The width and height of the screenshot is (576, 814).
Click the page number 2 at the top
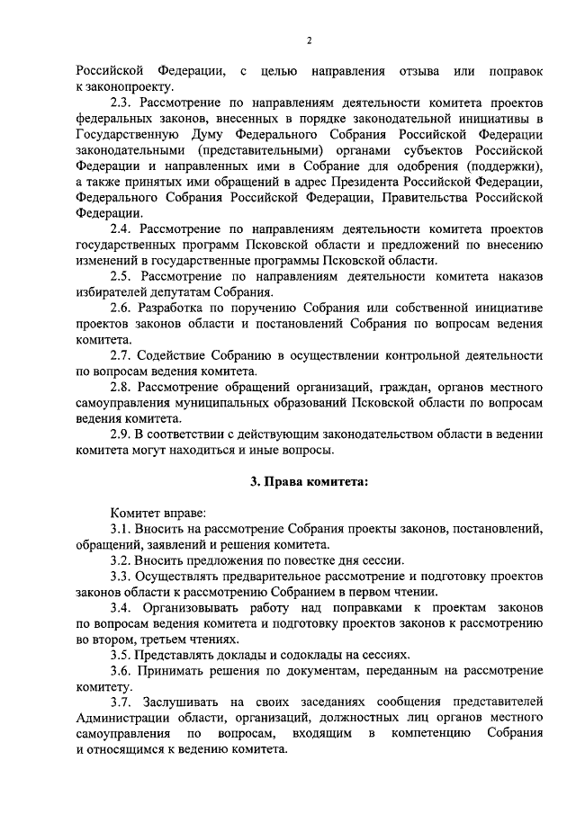309,40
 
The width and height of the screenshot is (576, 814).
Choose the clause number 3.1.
121,529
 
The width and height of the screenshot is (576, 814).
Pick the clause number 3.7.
121,702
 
